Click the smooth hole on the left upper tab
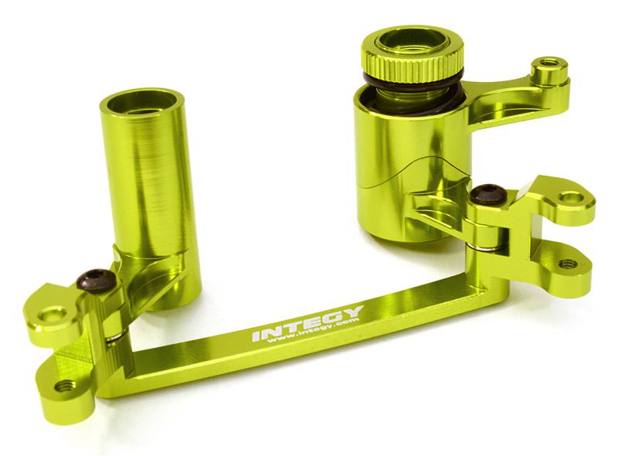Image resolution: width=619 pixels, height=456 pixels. tap(53, 314)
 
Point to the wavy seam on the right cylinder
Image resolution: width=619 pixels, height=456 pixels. tap(410, 166)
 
